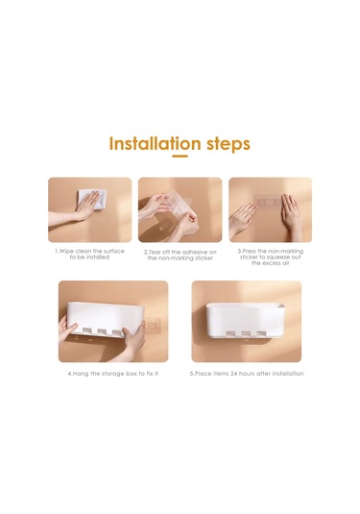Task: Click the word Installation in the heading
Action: coord(155,143)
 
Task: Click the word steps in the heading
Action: coord(228,144)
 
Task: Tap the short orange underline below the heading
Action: coord(180,156)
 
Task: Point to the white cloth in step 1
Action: coord(93,199)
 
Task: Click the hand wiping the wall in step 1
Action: coord(85,206)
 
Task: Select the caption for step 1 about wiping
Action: coord(89,254)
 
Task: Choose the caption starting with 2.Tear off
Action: coord(180,255)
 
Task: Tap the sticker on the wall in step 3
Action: coord(268,202)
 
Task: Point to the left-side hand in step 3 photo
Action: coord(242,218)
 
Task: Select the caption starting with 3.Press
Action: coord(271,257)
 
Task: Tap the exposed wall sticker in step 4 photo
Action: coord(152,326)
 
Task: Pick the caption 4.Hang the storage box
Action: coord(113,374)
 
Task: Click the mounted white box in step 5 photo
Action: coord(246,320)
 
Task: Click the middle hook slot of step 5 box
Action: coord(246,333)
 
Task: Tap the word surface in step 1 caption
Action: coord(114,251)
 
